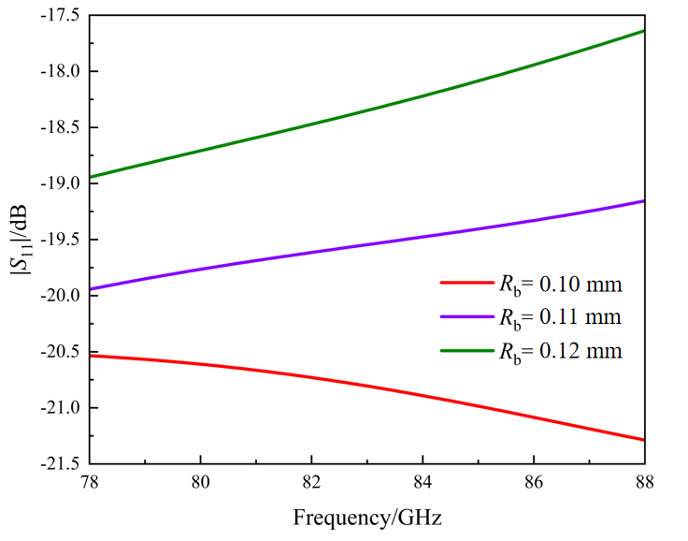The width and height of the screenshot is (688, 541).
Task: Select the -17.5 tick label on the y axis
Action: click(57, 16)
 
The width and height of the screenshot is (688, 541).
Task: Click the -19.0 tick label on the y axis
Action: click(57, 183)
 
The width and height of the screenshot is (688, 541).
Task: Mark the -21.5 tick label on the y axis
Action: click(57, 463)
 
